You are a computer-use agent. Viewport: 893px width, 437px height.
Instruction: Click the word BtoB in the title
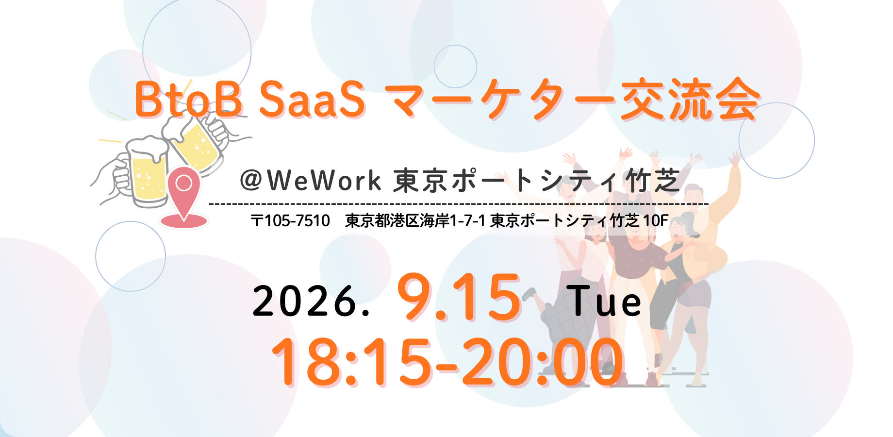pos(188,99)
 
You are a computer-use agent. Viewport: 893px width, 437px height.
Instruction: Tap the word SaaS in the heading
pos(312,99)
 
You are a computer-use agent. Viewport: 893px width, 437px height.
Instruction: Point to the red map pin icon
pos(183,192)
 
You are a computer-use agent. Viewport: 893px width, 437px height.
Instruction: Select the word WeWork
pos(324,180)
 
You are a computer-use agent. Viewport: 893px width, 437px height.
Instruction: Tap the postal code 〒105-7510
pos(290,221)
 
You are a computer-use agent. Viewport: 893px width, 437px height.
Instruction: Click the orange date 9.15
pos(459,297)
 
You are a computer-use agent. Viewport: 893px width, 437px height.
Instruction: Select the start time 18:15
pos(351,362)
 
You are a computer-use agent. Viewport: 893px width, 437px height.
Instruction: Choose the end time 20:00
pos(543,362)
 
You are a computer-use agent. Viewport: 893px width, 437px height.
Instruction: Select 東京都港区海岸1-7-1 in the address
pos(415,221)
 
